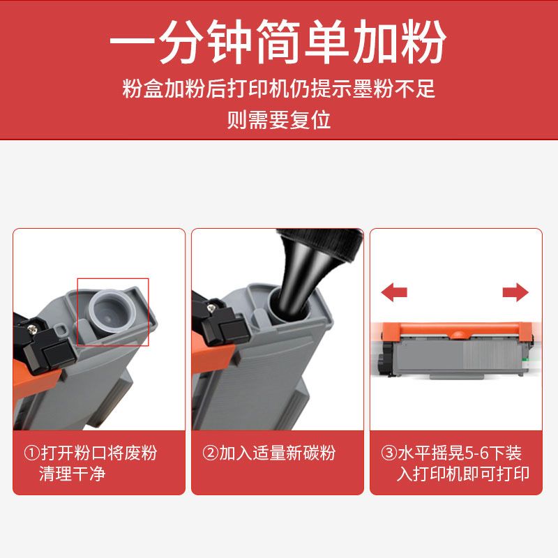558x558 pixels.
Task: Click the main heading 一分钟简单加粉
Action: click(x=278, y=41)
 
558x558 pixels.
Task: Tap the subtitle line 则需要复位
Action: click(x=279, y=119)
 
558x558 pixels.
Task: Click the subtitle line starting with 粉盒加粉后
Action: click(x=278, y=89)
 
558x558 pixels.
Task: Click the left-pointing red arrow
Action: click(x=394, y=292)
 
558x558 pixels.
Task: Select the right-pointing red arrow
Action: click(x=515, y=292)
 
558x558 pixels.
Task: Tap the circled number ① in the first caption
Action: click(x=31, y=453)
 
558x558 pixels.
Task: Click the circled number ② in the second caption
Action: click(x=210, y=453)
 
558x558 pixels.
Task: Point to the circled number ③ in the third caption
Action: click(x=389, y=453)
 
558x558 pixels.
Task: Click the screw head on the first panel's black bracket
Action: click(x=33, y=329)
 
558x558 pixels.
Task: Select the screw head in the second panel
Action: click(x=213, y=308)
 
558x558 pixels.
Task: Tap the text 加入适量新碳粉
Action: click(x=277, y=453)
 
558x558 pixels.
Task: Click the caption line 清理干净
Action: click(x=73, y=474)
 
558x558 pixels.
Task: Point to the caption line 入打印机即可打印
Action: click(x=463, y=474)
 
